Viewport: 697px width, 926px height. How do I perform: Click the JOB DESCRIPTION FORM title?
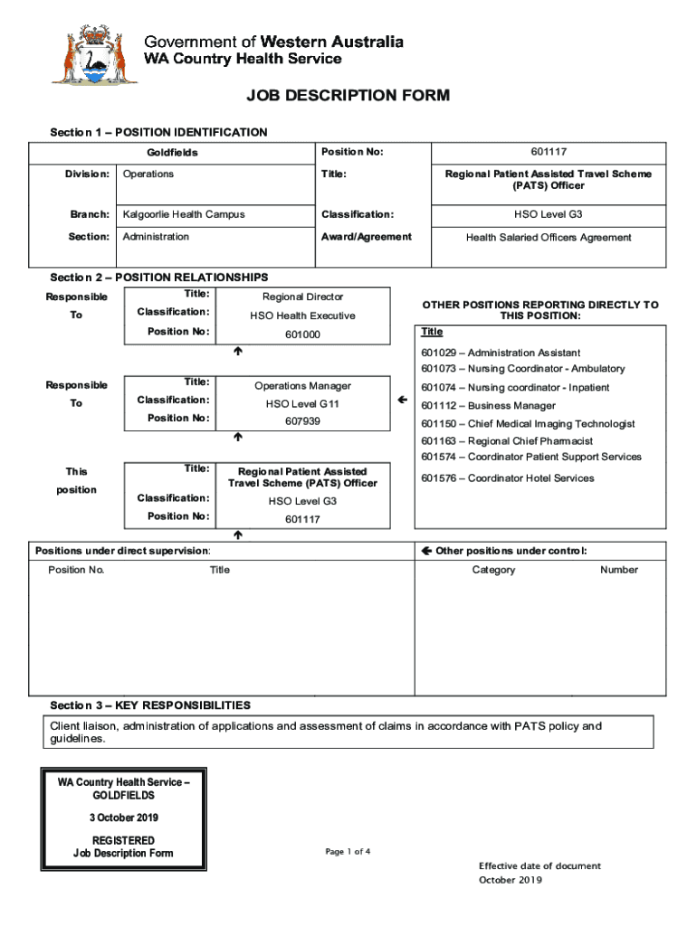click(x=348, y=96)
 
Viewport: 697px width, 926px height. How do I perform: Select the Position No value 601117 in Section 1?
click(x=549, y=152)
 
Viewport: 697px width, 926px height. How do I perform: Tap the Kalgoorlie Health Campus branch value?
click(x=184, y=214)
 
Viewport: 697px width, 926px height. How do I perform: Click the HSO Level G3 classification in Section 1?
click(x=549, y=214)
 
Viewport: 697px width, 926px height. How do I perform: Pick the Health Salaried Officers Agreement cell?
click(x=549, y=237)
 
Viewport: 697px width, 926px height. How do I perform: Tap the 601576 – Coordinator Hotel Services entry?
click(x=507, y=478)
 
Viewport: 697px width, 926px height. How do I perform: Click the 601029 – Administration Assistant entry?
click(x=501, y=353)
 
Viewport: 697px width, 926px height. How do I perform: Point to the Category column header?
click(x=493, y=570)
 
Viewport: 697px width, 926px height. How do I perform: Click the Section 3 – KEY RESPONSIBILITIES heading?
click(x=150, y=705)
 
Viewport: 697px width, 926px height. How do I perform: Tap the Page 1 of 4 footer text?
click(x=348, y=852)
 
